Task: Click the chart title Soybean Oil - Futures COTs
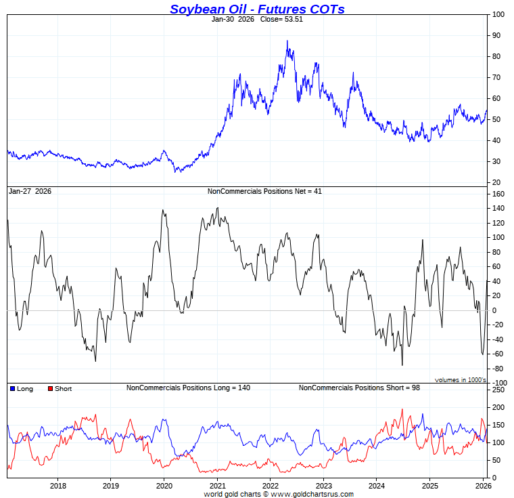(x=257, y=9)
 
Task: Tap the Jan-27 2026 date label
(x=30, y=192)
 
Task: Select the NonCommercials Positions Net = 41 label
(x=264, y=192)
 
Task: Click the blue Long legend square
(x=12, y=389)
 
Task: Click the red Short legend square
(x=50, y=389)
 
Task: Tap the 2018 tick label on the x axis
(x=58, y=485)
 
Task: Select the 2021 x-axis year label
(x=217, y=485)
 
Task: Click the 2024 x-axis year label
(x=377, y=485)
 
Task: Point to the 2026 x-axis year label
(x=483, y=485)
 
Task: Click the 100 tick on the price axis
(x=497, y=14)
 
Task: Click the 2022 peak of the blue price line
(x=287, y=41)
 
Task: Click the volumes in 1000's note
(x=460, y=379)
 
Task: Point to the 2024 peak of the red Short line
(x=402, y=409)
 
